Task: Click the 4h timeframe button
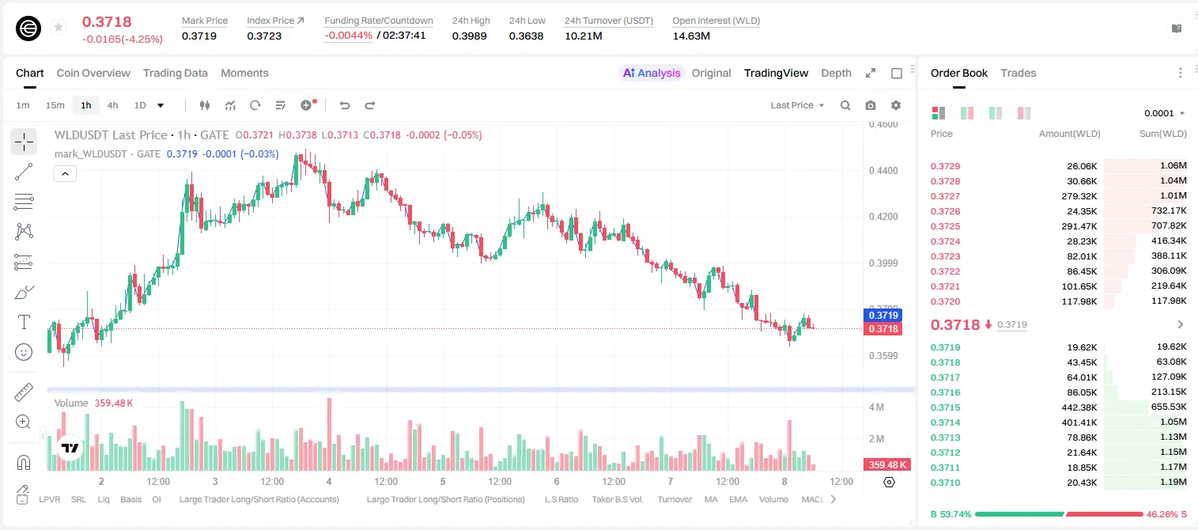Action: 112,105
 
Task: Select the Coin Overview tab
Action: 93,73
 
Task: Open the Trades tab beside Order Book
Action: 1018,73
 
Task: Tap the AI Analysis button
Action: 652,73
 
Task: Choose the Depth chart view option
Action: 836,73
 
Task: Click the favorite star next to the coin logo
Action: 59,27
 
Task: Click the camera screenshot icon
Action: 870,105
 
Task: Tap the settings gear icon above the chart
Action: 896,105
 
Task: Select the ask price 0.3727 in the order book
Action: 945,196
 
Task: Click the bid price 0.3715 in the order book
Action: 945,407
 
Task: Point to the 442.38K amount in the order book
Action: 1079,407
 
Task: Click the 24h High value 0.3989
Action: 469,36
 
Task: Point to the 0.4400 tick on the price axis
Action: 883,171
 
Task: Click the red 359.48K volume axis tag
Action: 886,465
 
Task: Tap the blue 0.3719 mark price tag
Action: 882,315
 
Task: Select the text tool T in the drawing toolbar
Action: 24,322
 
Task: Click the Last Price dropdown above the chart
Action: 797,105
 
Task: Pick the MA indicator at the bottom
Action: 711,499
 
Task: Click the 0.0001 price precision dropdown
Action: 1164,113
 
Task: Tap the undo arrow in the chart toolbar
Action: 345,105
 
